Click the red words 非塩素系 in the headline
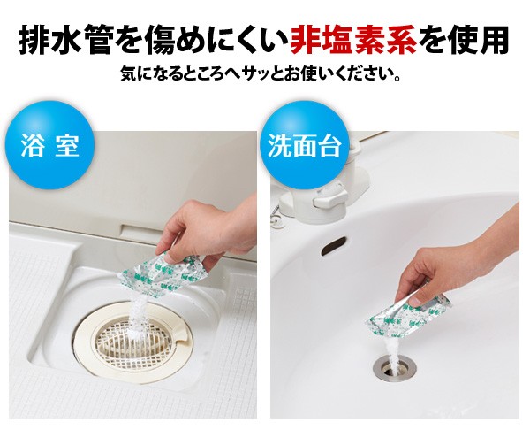(352, 40)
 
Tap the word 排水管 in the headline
(65, 40)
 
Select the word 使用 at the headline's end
(478, 40)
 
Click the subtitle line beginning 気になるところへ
(261, 74)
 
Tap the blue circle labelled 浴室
(49, 145)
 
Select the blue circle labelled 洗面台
(304, 145)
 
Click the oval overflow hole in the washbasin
(334, 245)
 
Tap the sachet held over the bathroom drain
(163, 276)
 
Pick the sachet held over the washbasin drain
(407, 318)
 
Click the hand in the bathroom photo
(205, 230)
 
